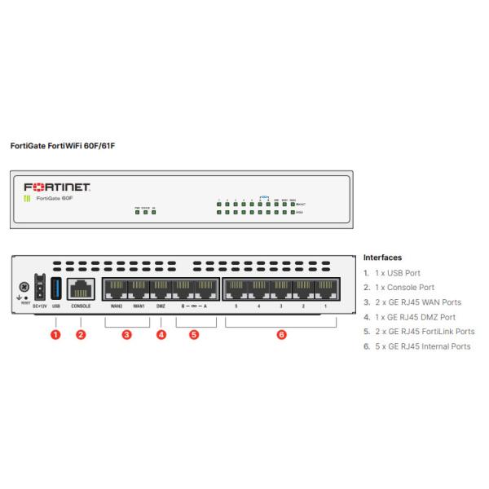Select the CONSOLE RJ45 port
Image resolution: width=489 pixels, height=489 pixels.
pos(81,289)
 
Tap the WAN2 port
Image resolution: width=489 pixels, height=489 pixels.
pos(116,289)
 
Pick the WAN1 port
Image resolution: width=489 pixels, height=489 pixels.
pos(139,289)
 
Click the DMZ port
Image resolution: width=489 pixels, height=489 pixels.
pos(161,289)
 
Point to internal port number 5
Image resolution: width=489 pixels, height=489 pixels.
pos(236,289)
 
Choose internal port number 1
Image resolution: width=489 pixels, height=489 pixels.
pos(326,289)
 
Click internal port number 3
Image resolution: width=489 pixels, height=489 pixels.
pos(281,289)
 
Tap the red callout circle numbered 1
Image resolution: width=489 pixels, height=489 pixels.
pos(55,334)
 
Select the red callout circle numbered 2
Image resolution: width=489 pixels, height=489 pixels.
pos(81,334)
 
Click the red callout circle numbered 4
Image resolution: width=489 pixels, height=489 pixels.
pos(161,334)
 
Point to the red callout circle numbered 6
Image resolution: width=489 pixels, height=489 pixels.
pos(281,334)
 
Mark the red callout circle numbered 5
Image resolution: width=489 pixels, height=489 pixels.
pos(194,334)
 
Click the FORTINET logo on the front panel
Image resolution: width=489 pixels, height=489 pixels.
pos(57,186)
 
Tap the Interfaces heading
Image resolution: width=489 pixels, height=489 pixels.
pos(382,258)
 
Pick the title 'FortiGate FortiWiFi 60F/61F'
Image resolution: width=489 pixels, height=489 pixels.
pos(63,148)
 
